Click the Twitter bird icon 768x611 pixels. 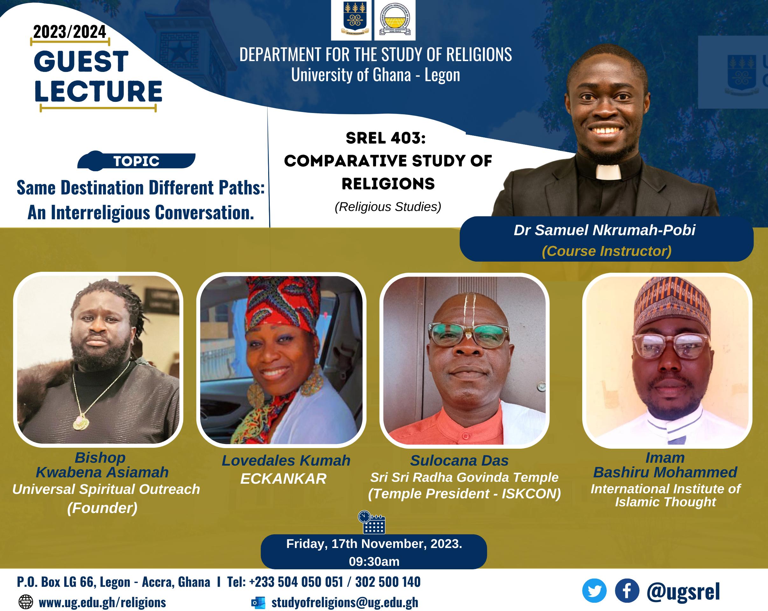click(594, 590)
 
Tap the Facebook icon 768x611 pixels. click(627, 590)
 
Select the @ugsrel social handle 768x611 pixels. click(683, 591)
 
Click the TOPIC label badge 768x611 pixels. click(136, 161)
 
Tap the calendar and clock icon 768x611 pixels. click(371, 522)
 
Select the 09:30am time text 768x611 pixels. click(374, 561)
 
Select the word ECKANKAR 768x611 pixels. click(283, 479)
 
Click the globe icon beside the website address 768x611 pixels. click(26, 602)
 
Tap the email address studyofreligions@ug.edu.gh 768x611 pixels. click(345, 602)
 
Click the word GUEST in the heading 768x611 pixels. click(81, 62)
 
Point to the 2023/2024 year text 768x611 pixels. click(69, 32)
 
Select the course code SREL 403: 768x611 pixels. click(385, 138)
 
